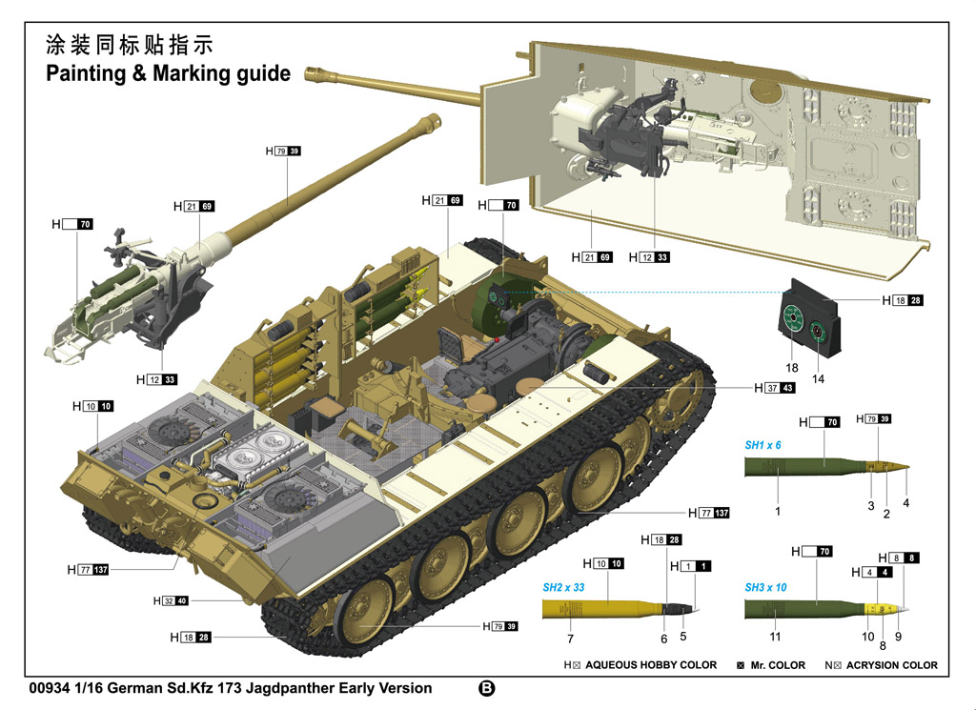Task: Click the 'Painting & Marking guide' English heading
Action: pyautogui.click(x=168, y=73)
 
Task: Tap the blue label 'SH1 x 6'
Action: pyautogui.click(x=762, y=445)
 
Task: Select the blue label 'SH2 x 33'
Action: pyautogui.click(x=563, y=588)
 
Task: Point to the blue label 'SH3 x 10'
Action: pyautogui.click(x=765, y=588)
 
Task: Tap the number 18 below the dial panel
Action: pyautogui.click(x=791, y=367)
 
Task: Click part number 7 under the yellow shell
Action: pyautogui.click(x=570, y=638)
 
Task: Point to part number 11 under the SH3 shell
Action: pyautogui.click(x=775, y=637)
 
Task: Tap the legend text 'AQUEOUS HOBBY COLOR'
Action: pyautogui.click(x=651, y=665)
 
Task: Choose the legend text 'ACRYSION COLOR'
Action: pyautogui.click(x=892, y=665)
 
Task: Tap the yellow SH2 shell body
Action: pyautogui.click(x=600, y=608)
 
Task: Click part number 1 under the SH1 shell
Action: pyautogui.click(x=777, y=512)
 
